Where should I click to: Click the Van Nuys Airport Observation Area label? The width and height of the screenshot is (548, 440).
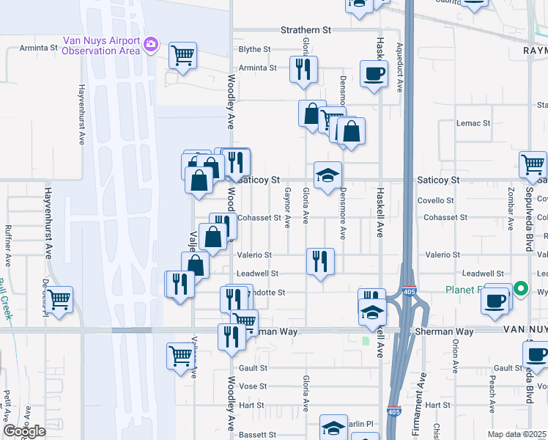click(x=100, y=45)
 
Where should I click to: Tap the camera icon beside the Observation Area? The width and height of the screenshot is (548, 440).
click(x=151, y=45)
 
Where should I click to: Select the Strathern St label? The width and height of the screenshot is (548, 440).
click(x=307, y=30)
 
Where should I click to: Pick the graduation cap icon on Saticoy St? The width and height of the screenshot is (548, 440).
click(x=327, y=175)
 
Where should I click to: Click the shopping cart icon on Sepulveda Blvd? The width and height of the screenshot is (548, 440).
click(x=533, y=164)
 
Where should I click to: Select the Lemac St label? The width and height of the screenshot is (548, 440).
click(x=472, y=122)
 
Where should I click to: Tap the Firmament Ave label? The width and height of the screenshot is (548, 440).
click(x=423, y=392)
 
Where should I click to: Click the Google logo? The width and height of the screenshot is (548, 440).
click(x=24, y=431)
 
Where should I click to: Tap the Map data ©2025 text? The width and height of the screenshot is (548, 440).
click(x=517, y=434)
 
